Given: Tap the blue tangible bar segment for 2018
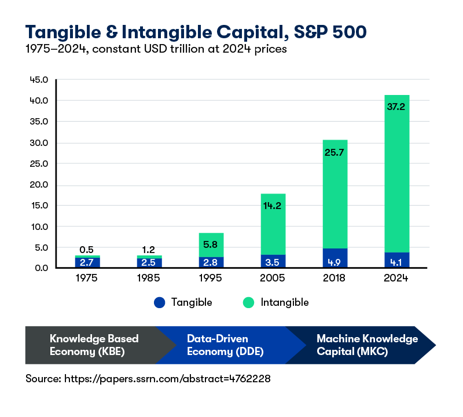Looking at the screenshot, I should [335, 258].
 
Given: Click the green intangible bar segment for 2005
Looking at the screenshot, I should [273, 224].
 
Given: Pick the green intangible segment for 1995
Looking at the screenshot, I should [211, 245].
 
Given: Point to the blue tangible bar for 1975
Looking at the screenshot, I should [86, 262].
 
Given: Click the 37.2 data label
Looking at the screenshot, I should [396, 105].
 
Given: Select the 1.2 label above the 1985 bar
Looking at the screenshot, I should [148, 250].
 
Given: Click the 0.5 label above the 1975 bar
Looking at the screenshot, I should [86, 250].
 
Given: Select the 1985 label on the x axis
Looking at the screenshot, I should [148, 278].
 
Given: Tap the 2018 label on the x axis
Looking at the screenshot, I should [335, 278].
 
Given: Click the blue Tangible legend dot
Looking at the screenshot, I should [160, 302].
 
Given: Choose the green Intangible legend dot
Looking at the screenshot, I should [249, 302].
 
